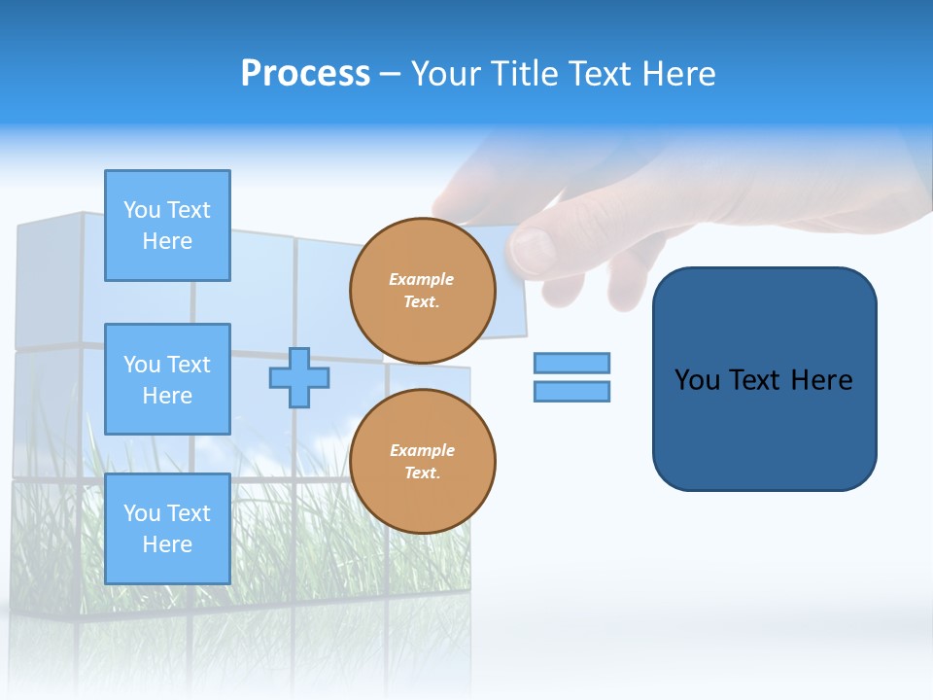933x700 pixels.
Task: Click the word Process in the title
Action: click(x=305, y=73)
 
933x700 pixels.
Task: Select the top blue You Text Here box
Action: click(x=167, y=226)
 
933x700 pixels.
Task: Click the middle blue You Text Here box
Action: click(x=167, y=379)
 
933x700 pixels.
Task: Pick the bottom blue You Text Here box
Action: click(x=167, y=528)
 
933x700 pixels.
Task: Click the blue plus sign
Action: click(x=298, y=377)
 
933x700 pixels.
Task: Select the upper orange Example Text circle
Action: click(x=422, y=290)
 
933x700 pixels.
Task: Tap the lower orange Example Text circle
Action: click(x=422, y=461)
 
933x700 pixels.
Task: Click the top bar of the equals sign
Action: click(x=571, y=363)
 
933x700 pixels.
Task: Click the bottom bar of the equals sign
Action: click(x=571, y=391)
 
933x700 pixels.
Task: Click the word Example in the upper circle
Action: click(x=421, y=279)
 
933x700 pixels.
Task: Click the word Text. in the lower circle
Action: click(x=422, y=472)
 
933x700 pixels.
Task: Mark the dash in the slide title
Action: click(x=391, y=74)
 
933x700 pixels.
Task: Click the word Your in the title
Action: click(x=443, y=73)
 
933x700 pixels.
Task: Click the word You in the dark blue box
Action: click(x=697, y=379)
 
